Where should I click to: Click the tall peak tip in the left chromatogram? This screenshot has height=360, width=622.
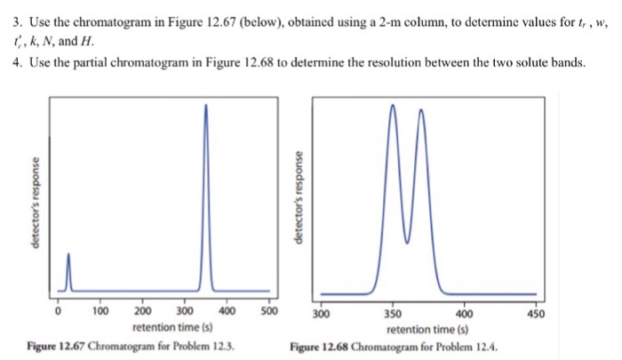tap(206, 104)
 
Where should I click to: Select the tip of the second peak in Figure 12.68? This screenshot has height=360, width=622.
tap(421, 109)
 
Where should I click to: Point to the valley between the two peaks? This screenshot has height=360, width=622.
tap(407, 241)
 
